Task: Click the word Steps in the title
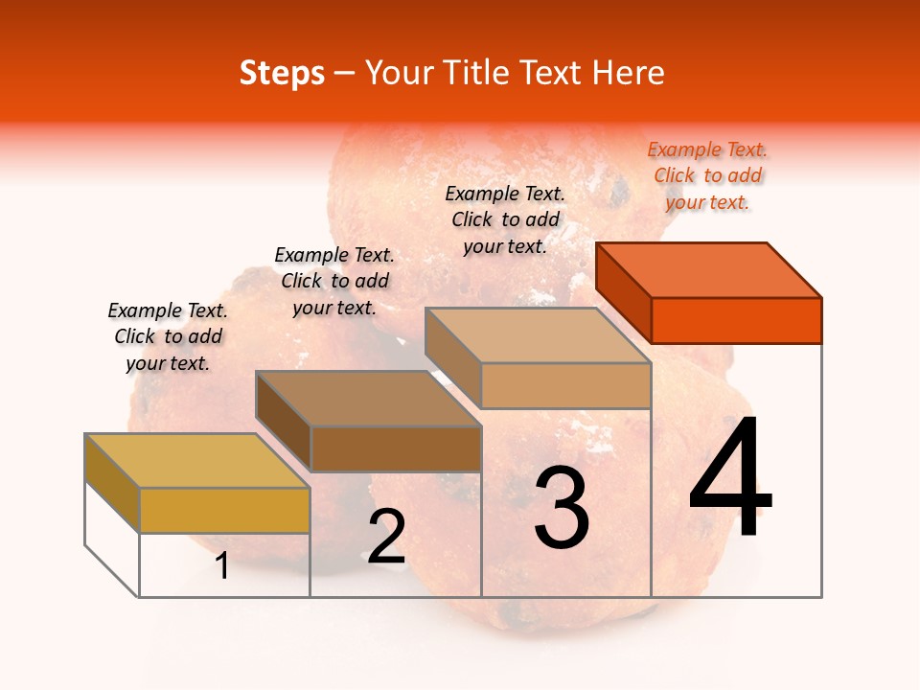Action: (x=282, y=73)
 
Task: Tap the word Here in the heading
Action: (x=629, y=73)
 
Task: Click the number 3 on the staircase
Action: (x=562, y=508)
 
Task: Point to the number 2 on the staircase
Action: (x=386, y=537)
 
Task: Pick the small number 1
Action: (x=222, y=566)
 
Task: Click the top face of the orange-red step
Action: (x=709, y=269)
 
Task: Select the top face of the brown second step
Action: (x=368, y=398)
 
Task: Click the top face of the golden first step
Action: (x=197, y=460)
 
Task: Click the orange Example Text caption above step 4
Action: (x=707, y=175)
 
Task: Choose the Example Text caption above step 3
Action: (x=505, y=219)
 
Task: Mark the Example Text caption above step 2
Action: (x=334, y=281)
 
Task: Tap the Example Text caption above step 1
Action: (x=168, y=336)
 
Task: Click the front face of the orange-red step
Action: (x=736, y=320)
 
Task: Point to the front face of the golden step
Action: (x=224, y=510)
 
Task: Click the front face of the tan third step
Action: (x=565, y=385)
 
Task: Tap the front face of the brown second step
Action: (x=395, y=448)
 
